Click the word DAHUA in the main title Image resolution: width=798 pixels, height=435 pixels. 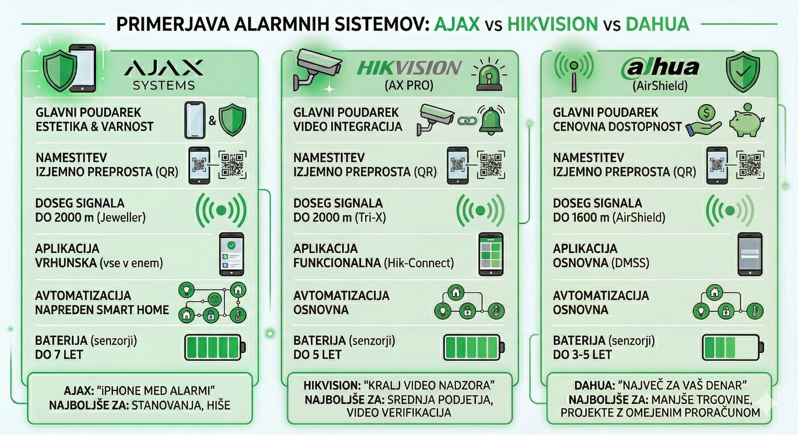[x=657, y=24]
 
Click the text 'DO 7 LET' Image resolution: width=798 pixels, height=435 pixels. [x=59, y=355]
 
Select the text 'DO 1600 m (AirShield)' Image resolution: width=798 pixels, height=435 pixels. [x=609, y=217]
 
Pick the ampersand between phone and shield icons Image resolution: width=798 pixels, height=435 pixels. [x=212, y=120]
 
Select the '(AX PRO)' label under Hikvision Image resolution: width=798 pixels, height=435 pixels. [x=409, y=85]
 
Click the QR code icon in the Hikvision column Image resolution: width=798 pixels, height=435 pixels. [x=491, y=165]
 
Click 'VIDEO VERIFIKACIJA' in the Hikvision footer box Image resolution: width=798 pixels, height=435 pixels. [x=399, y=412]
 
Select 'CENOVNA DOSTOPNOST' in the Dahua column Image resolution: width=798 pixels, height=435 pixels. [x=617, y=127]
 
